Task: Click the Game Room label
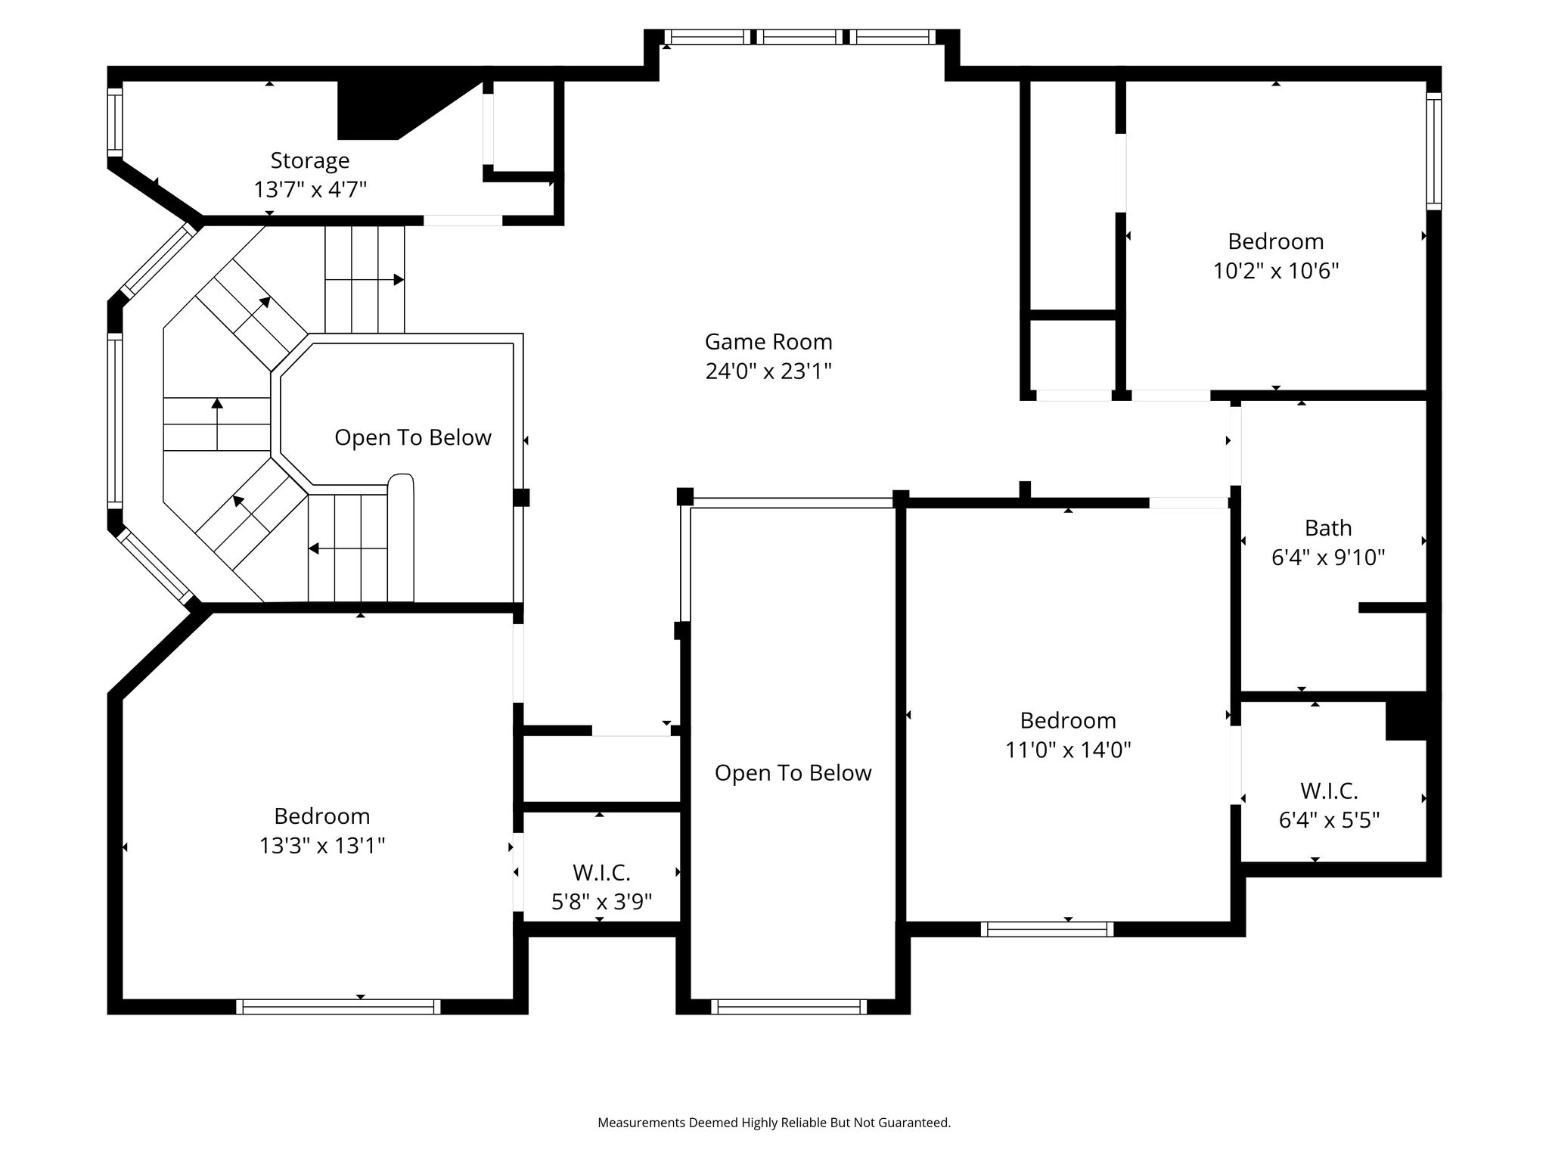click(768, 342)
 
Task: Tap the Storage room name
click(310, 161)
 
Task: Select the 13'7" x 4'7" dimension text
click(310, 189)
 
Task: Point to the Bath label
click(1328, 528)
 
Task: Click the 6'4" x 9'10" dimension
click(1328, 558)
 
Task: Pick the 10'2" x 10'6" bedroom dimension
click(1276, 271)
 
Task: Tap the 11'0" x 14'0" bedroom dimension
click(1068, 750)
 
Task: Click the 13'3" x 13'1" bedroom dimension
click(322, 845)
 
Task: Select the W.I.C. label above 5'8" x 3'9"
click(601, 873)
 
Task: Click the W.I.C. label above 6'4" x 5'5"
click(1329, 791)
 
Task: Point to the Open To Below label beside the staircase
click(413, 438)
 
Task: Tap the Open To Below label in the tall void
click(793, 773)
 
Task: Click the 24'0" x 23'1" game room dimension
click(768, 371)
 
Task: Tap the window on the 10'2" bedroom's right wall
click(1433, 151)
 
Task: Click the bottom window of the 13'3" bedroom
click(338, 1006)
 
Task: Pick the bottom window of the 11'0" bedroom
click(1047, 929)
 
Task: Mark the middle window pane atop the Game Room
click(801, 37)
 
